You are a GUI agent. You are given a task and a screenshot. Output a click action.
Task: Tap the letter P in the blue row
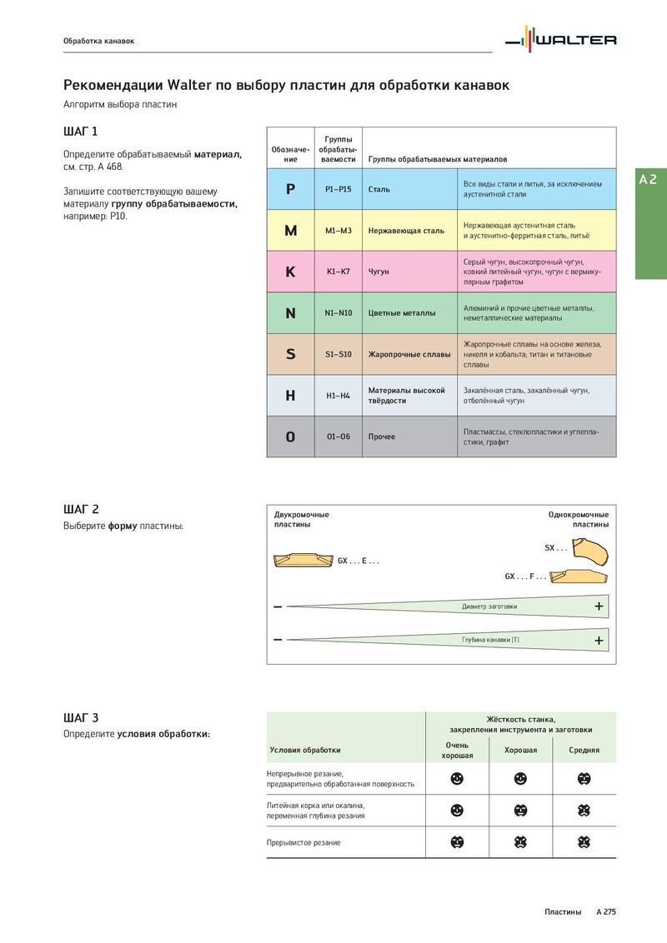pyautogui.click(x=290, y=189)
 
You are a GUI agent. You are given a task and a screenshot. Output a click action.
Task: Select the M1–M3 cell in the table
pyautogui.click(x=339, y=231)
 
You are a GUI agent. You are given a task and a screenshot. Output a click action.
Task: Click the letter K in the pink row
pyautogui.click(x=290, y=272)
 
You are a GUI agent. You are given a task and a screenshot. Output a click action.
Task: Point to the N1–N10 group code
pyautogui.click(x=339, y=313)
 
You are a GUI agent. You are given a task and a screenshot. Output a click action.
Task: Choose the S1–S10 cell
pyautogui.click(x=339, y=354)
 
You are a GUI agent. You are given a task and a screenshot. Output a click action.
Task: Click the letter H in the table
pyautogui.click(x=290, y=396)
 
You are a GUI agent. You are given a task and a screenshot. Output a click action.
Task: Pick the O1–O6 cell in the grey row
pyautogui.click(x=339, y=437)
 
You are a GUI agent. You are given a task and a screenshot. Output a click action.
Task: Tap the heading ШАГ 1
pyautogui.click(x=81, y=132)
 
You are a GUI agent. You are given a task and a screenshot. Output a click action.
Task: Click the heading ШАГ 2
pyautogui.click(x=81, y=509)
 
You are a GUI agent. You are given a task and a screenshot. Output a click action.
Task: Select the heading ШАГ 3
pyautogui.click(x=81, y=717)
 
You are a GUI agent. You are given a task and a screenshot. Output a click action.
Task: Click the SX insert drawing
pyautogui.click(x=591, y=551)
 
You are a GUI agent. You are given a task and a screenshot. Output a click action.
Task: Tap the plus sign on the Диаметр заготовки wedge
pyautogui.click(x=599, y=606)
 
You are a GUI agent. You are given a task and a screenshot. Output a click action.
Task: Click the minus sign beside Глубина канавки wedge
pyautogui.click(x=278, y=640)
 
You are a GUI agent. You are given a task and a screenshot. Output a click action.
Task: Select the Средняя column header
pyautogui.click(x=584, y=750)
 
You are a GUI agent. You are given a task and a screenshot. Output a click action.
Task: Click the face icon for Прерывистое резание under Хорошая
pyautogui.click(x=520, y=842)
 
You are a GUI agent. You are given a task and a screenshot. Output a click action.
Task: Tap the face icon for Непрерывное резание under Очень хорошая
pyautogui.click(x=457, y=779)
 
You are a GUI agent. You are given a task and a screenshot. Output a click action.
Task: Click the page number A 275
pyautogui.click(x=605, y=912)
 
